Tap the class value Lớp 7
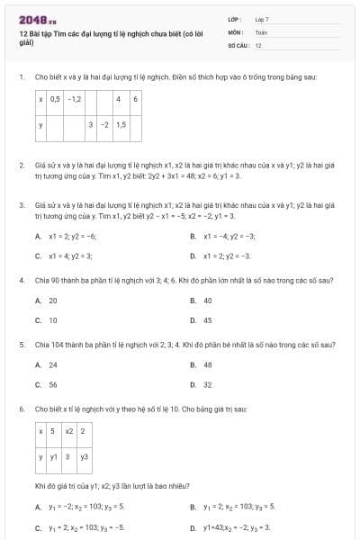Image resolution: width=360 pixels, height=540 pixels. point(262,18)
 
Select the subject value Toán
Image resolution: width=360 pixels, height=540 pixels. point(261,31)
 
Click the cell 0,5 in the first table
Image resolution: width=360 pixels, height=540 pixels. point(55,98)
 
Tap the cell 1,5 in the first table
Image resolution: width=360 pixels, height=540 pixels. point(121,124)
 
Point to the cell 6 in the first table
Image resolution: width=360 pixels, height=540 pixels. point(135,98)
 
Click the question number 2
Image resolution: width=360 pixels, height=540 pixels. point(21,166)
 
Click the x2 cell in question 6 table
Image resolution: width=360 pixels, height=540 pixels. point(68,431)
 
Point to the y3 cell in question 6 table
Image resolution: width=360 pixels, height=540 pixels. point(84,456)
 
